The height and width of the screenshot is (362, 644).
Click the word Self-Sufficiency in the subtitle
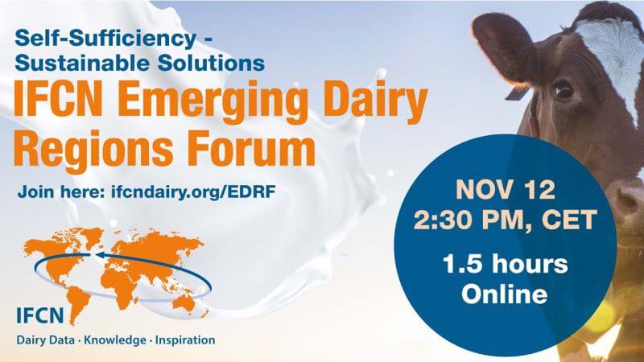click(105, 39)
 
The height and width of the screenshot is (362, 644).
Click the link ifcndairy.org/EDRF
click(192, 192)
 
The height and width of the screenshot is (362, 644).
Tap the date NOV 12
click(506, 190)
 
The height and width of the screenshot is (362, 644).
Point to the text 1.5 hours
click(506, 264)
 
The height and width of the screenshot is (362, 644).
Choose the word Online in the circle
click(505, 294)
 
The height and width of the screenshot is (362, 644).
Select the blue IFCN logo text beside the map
click(40, 316)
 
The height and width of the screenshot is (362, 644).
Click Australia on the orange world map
click(184, 303)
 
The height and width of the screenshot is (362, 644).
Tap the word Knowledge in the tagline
click(115, 340)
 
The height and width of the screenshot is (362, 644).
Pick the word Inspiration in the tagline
click(185, 340)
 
